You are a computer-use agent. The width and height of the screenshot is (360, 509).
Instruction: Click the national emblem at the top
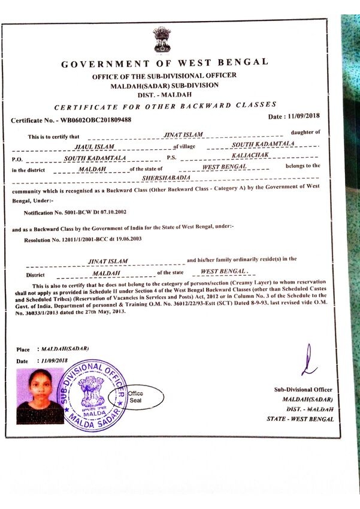pyautogui.click(x=162, y=39)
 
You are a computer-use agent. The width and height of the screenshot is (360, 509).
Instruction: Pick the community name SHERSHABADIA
pyautogui.click(x=164, y=177)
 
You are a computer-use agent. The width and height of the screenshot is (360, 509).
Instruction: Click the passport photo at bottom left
pyautogui.click(x=40, y=396)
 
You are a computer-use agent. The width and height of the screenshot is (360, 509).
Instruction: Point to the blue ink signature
pyautogui.click(x=308, y=361)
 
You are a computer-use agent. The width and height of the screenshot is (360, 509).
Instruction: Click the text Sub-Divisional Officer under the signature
pyautogui.click(x=303, y=390)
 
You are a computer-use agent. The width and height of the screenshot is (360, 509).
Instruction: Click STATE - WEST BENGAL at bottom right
pyautogui.click(x=300, y=419)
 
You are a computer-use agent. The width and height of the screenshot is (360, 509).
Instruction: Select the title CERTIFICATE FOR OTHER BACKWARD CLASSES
pyautogui.click(x=165, y=107)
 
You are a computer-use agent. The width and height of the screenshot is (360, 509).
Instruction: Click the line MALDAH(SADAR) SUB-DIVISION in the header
pyautogui.click(x=164, y=86)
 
